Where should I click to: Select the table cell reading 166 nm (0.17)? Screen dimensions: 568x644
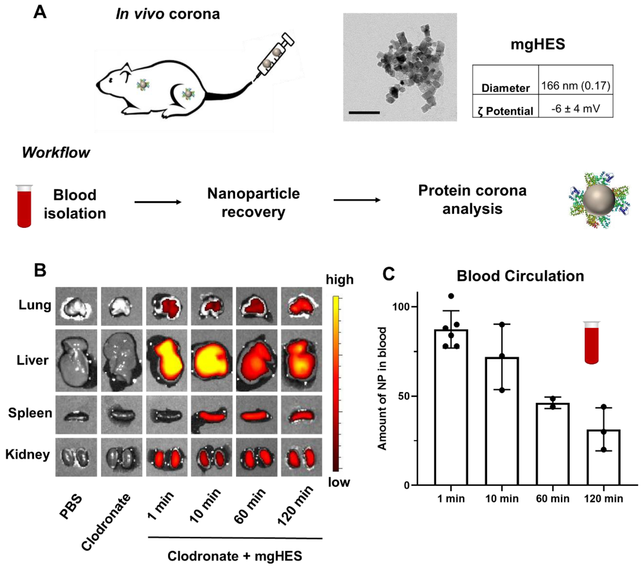tap(575, 86)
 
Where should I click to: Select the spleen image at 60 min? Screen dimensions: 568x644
tap(257, 415)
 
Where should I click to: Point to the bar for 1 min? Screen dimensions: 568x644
tap(451, 406)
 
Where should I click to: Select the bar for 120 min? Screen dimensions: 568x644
tap(603, 457)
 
